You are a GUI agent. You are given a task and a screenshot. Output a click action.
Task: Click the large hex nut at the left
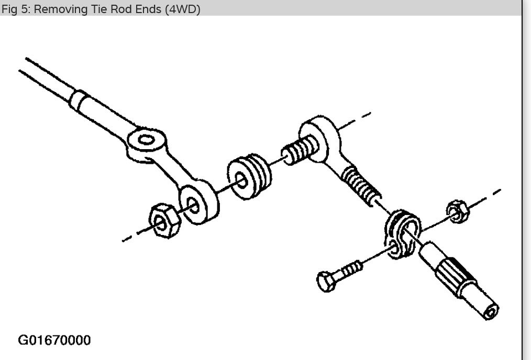164,221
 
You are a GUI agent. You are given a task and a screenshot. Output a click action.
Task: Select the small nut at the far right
457,211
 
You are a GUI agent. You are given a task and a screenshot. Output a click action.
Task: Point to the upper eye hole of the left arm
147,140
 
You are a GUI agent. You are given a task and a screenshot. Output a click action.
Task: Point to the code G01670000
54,341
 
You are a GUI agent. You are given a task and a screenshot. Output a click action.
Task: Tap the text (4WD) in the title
182,9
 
